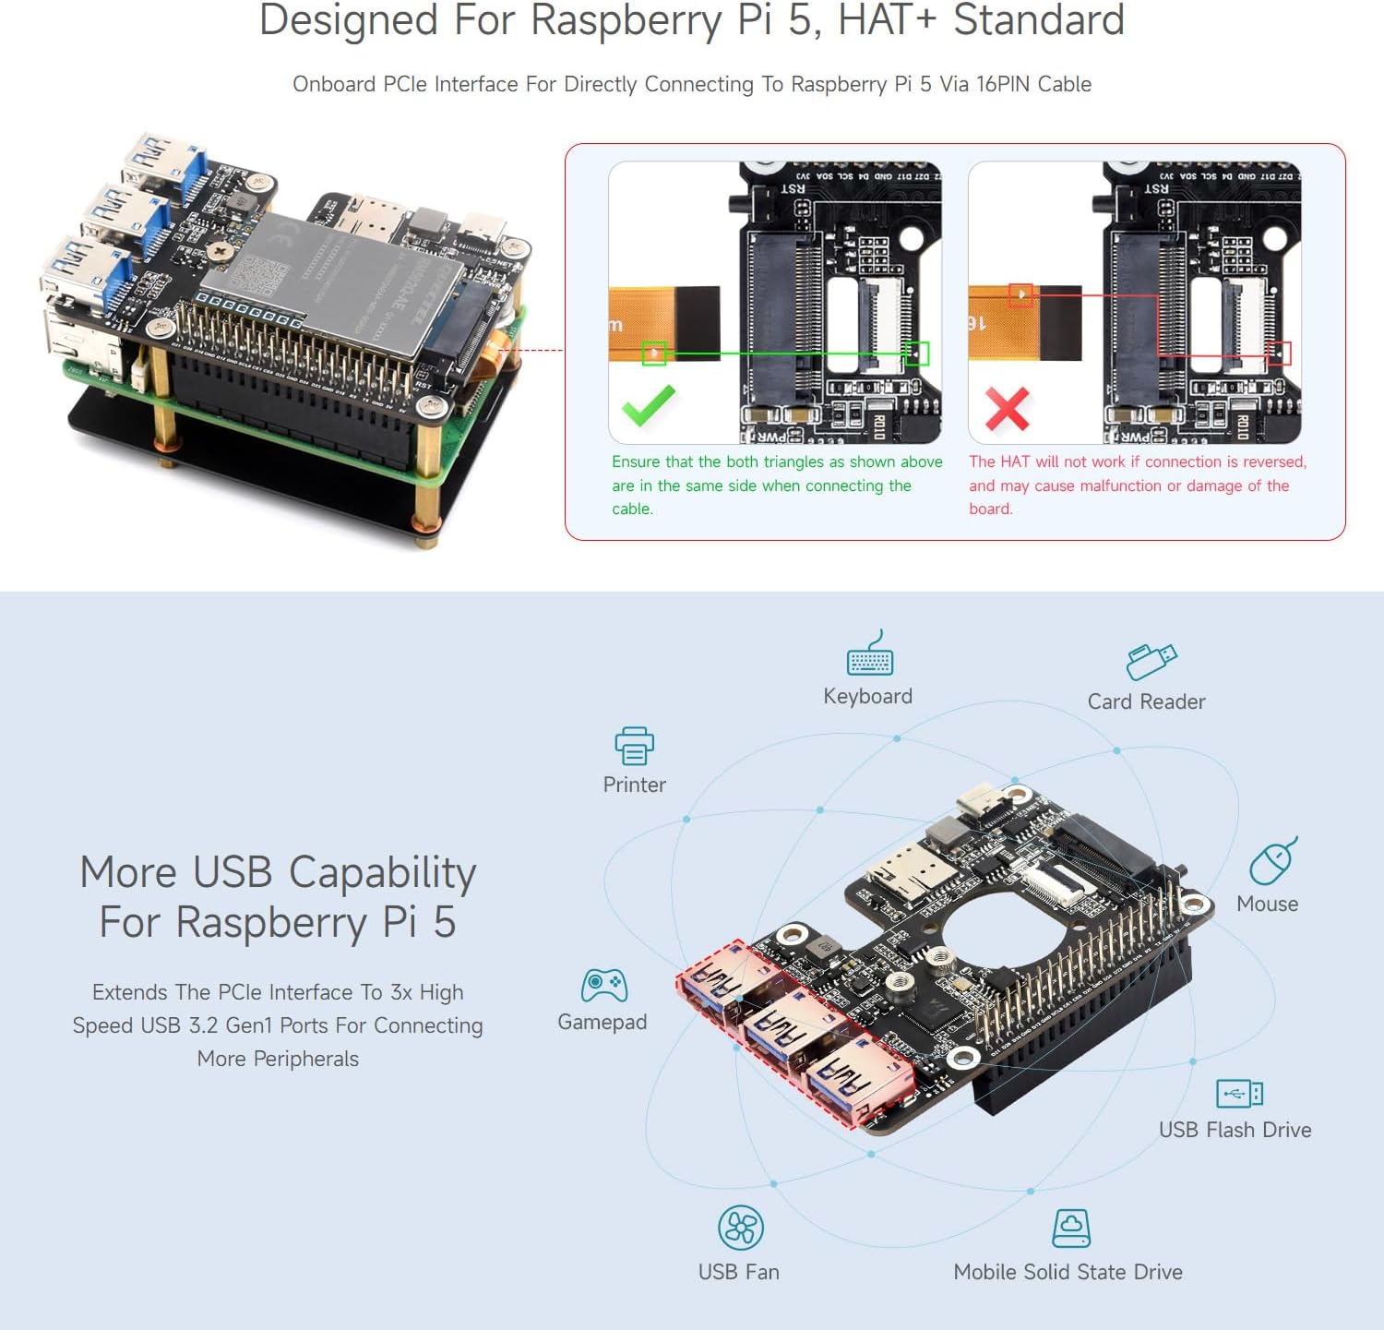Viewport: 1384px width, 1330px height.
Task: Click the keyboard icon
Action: point(869,654)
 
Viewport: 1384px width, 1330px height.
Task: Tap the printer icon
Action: point(634,746)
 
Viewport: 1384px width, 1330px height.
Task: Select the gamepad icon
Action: point(603,986)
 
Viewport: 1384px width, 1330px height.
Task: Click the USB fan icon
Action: point(740,1228)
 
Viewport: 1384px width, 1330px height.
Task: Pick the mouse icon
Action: point(1272,861)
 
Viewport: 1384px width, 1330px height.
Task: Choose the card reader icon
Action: point(1151,661)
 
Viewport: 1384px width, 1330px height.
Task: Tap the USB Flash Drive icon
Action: point(1239,1094)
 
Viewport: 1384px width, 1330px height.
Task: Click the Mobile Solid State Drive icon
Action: point(1070,1228)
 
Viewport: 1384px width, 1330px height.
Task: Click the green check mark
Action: point(648,406)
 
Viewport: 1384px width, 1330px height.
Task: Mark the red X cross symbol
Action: point(1007,409)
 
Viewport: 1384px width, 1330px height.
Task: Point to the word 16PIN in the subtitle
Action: point(1004,84)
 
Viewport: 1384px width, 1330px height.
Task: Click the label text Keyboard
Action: point(867,697)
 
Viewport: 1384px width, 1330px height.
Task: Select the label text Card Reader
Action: point(1146,702)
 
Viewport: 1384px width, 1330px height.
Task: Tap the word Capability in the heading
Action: point(382,873)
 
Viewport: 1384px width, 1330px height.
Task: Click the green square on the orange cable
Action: point(654,353)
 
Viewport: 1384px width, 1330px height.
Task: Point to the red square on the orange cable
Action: point(1020,294)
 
